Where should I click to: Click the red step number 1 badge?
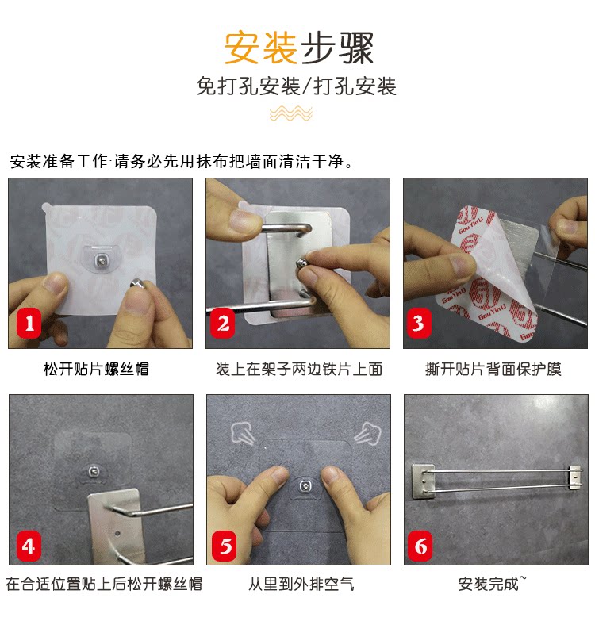tap(29, 324)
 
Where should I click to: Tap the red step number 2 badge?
tap(223, 324)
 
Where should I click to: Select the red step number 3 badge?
tap(419, 324)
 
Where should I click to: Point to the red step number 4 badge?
tap(29, 546)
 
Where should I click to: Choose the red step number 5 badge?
tap(225, 546)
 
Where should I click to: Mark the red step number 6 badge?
tap(420, 546)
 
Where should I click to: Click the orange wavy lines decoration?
tap(291, 113)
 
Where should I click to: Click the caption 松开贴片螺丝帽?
tap(96, 369)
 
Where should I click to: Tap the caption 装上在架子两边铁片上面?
tap(299, 369)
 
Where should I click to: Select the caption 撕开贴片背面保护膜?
tap(493, 369)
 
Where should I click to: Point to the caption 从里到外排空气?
tap(301, 584)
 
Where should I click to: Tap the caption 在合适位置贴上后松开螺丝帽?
tap(104, 584)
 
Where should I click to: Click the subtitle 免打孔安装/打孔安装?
tap(296, 86)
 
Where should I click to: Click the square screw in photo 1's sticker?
tap(101, 260)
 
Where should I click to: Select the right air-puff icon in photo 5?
tap(367, 434)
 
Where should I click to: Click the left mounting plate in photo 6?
tap(423, 481)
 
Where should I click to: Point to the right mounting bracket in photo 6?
tap(575, 477)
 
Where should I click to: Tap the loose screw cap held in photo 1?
tap(136, 283)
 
